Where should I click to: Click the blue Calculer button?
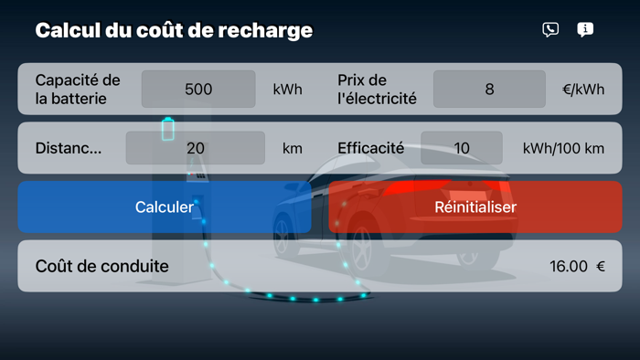[165, 206]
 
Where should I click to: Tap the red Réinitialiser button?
[475, 206]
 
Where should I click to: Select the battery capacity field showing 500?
[198, 90]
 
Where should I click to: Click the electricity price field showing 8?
[489, 90]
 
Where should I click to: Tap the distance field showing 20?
[196, 148]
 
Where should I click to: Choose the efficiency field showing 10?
[462, 148]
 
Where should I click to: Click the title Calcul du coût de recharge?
[174, 30]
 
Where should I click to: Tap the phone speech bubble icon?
[550, 30]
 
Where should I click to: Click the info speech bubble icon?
[585, 30]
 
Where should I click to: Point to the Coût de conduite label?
[101, 266]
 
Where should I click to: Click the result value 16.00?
[568, 267]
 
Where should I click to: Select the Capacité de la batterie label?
[78, 90]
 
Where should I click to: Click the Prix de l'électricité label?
[377, 90]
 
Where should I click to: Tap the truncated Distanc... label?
[69, 148]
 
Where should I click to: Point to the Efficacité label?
[370, 148]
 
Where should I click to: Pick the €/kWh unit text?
[583, 90]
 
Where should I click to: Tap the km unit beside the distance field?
[292, 148]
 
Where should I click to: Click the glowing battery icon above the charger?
[167, 129]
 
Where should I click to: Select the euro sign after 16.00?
[601, 267]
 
